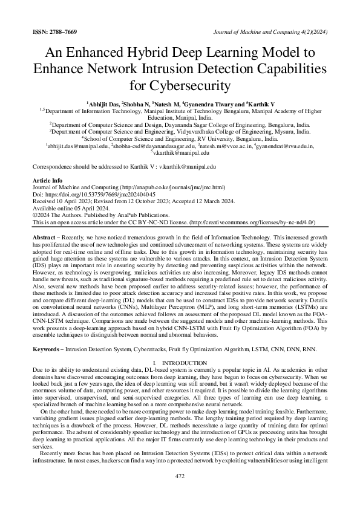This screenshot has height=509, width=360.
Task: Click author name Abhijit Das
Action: (103, 104)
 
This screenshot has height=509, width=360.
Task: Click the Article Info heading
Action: (47, 181)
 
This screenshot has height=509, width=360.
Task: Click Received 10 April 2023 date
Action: (60, 201)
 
